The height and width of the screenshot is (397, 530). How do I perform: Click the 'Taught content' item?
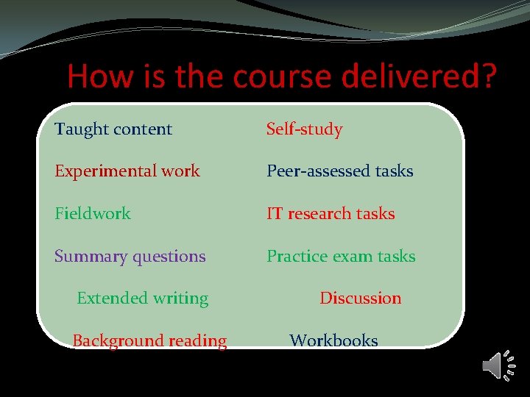point(113,129)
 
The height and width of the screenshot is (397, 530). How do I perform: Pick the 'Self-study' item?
point(304,129)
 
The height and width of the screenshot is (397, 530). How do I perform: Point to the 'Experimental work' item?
point(127,171)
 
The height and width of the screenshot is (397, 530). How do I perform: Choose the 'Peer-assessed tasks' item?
point(339,171)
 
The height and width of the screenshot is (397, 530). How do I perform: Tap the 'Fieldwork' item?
point(92,214)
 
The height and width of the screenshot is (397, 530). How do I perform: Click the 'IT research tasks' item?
point(331,214)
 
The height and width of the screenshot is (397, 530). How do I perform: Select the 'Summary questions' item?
point(130,257)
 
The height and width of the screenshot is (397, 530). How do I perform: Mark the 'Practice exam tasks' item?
point(341,257)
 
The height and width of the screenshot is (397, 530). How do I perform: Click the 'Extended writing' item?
point(142,298)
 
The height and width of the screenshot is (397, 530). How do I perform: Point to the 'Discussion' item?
point(360,298)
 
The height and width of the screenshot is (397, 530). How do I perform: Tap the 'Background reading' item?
point(149,341)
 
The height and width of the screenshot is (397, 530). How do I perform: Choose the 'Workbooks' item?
point(333,341)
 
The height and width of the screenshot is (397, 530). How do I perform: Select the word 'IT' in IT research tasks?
point(275,214)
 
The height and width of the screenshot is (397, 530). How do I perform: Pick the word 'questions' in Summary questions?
point(169,257)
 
